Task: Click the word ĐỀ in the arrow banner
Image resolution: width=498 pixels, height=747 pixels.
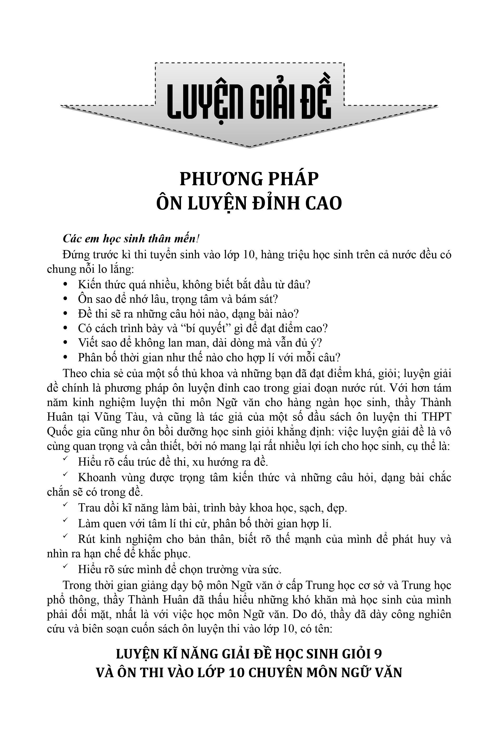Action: point(314,100)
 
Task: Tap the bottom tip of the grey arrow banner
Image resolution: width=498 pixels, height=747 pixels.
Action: point(249,147)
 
